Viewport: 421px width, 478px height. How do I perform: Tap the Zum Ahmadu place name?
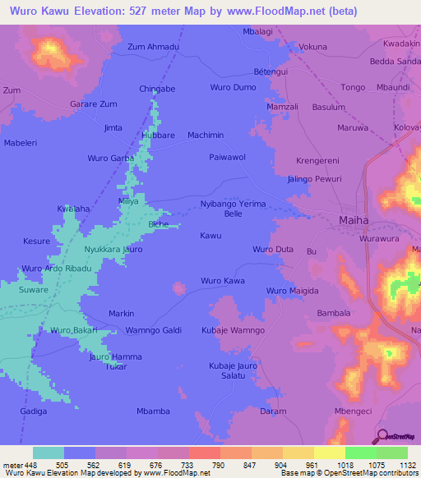(x=153, y=47)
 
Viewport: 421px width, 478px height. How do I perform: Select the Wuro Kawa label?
(x=223, y=281)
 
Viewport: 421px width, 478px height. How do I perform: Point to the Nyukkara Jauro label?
(x=113, y=248)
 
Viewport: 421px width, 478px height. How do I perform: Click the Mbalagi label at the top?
(x=259, y=31)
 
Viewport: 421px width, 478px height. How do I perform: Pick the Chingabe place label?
(x=157, y=88)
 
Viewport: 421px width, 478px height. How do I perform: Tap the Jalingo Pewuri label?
(x=314, y=178)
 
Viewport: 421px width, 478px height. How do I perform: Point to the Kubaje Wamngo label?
(x=233, y=329)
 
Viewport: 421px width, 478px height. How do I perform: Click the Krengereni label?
(x=317, y=161)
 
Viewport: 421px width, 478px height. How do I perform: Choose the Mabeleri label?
(x=22, y=143)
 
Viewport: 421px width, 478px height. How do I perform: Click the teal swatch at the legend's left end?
(x=49, y=453)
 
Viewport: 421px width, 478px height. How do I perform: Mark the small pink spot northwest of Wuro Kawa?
(x=179, y=287)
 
